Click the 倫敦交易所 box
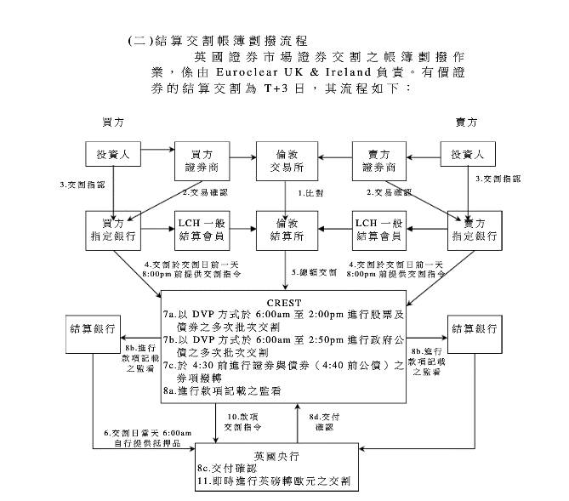287,159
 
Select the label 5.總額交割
314,272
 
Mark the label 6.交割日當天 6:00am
147,433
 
